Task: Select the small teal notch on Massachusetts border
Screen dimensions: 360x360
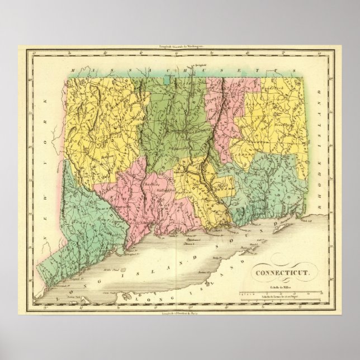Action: [167, 81]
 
